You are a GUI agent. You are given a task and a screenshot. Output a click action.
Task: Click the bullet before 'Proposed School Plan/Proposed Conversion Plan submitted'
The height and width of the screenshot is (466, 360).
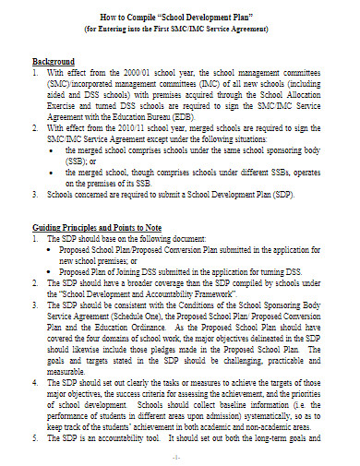pyautogui.click(x=51, y=248)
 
